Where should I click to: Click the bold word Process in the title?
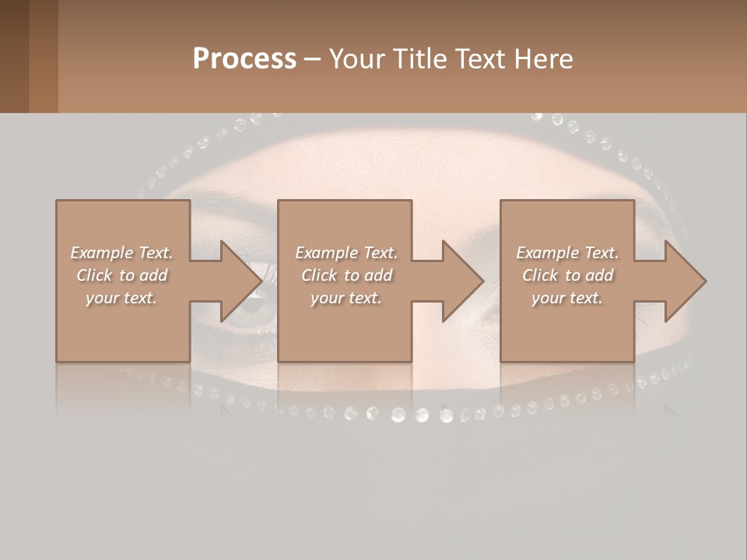(x=244, y=59)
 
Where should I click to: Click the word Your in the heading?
(x=357, y=59)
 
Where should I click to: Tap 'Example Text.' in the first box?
(x=121, y=253)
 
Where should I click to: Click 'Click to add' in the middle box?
(x=346, y=275)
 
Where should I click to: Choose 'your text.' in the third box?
(x=567, y=298)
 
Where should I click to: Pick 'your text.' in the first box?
(x=121, y=298)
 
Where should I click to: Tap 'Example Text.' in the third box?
(x=567, y=253)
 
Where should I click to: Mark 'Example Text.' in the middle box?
(x=346, y=253)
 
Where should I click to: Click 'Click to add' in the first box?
(x=121, y=275)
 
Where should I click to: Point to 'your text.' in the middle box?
(x=346, y=298)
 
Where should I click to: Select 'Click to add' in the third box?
(x=567, y=275)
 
